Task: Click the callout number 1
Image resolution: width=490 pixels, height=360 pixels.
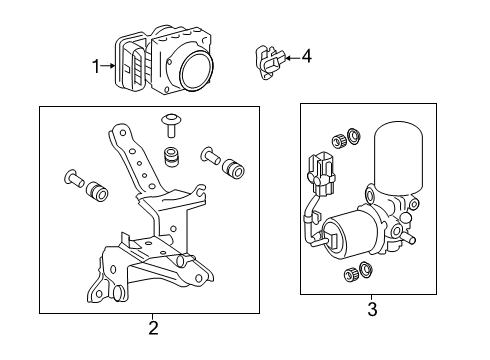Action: [x=97, y=67]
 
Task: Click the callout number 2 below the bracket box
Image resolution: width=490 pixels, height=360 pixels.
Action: [x=153, y=327]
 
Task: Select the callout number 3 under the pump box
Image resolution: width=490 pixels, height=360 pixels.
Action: [x=371, y=309]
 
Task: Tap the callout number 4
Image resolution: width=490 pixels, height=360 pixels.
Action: [x=306, y=57]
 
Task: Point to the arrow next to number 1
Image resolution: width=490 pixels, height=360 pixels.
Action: [x=109, y=67]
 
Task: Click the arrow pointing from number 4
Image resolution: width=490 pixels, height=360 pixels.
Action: [x=290, y=58]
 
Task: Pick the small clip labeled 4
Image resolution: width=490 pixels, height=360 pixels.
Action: [x=267, y=61]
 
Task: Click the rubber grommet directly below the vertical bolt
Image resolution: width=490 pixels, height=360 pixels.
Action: [x=171, y=157]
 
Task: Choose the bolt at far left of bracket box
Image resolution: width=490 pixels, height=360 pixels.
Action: [x=74, y=180]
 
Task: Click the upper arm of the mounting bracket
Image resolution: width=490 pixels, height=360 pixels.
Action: [x=130, y=150]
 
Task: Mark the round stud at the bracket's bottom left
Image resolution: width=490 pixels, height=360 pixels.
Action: [x=117, y=292]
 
